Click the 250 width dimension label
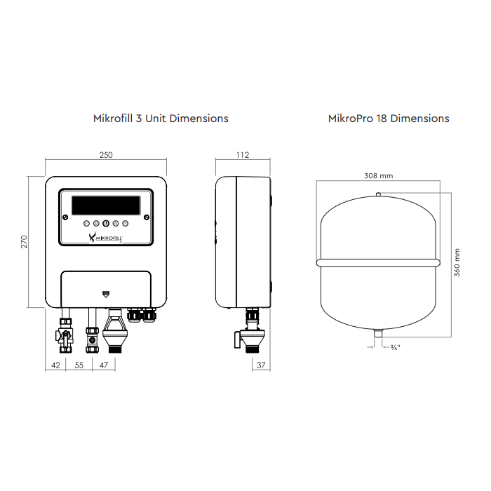(x=106, y=156)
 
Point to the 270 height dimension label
(x=24, y=242)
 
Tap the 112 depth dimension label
(x=243, y=156)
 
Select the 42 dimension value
(x=55, y=365)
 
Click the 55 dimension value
(x=79, y=365)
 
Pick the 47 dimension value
(x=104, y=365)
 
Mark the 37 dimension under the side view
(x=261, y=365)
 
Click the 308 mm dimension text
(x=378, y=175)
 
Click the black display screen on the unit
(x=105, y=206)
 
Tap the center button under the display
(x=106, y=224)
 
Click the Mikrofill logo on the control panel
(x=105, y=238)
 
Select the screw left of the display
(x=63, y=215)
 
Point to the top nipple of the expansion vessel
(x=378, y=196)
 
